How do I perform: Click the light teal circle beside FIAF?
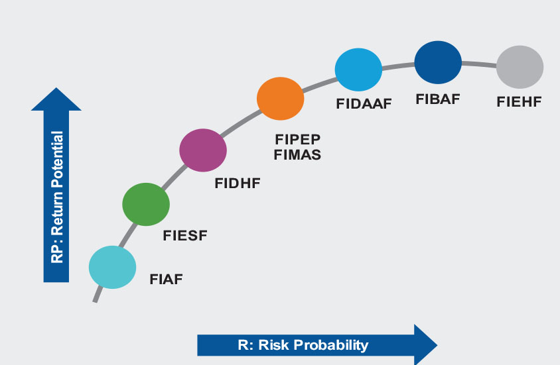coord(113,267)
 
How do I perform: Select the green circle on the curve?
coord(146,204)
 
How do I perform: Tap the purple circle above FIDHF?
coord(203,150)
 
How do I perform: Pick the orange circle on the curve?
coord(281,99)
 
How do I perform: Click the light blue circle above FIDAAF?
coord(358,70)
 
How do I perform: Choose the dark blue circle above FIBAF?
coord(438,62)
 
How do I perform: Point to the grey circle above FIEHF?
coord(520,67)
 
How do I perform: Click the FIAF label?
coord(166,279)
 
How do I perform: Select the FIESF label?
coord(185,236)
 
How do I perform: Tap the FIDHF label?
coord(238,183)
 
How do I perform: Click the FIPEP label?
coord(297,139)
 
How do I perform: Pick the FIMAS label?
coord(297,155)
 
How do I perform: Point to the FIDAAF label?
coord(364,104)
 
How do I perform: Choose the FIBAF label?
coord(438,99)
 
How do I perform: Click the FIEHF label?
coord(519,102)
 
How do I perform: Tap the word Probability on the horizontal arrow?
coord(331,345)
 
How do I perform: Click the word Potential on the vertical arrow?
coord(58,160)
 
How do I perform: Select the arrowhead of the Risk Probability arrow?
coord(426,345)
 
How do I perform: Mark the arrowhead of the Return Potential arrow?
coord(56,99)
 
